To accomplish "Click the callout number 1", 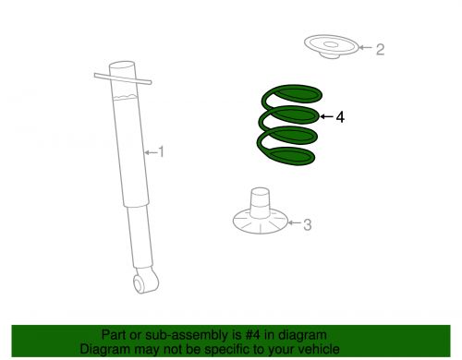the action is pos(161,152).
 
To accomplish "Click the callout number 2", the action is pos(381,49).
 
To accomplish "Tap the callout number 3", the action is pos(308,224).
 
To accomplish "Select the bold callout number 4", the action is pos(340,117).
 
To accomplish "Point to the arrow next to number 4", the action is pos(327,116).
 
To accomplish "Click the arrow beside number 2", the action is pos(366,47).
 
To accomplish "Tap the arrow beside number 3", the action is pos(294,222).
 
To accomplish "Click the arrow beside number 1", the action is pos(151,152).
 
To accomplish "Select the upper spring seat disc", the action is pos(332,47).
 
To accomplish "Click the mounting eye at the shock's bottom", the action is pos(146,282).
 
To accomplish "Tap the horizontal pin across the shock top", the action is pos(123,78).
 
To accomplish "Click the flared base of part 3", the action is pos(261,223).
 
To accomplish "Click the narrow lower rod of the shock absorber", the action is pos(140,236).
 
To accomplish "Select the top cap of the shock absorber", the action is pos(122,66).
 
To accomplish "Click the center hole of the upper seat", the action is pos(331,45).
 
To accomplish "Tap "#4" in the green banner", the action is pos(252,335).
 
